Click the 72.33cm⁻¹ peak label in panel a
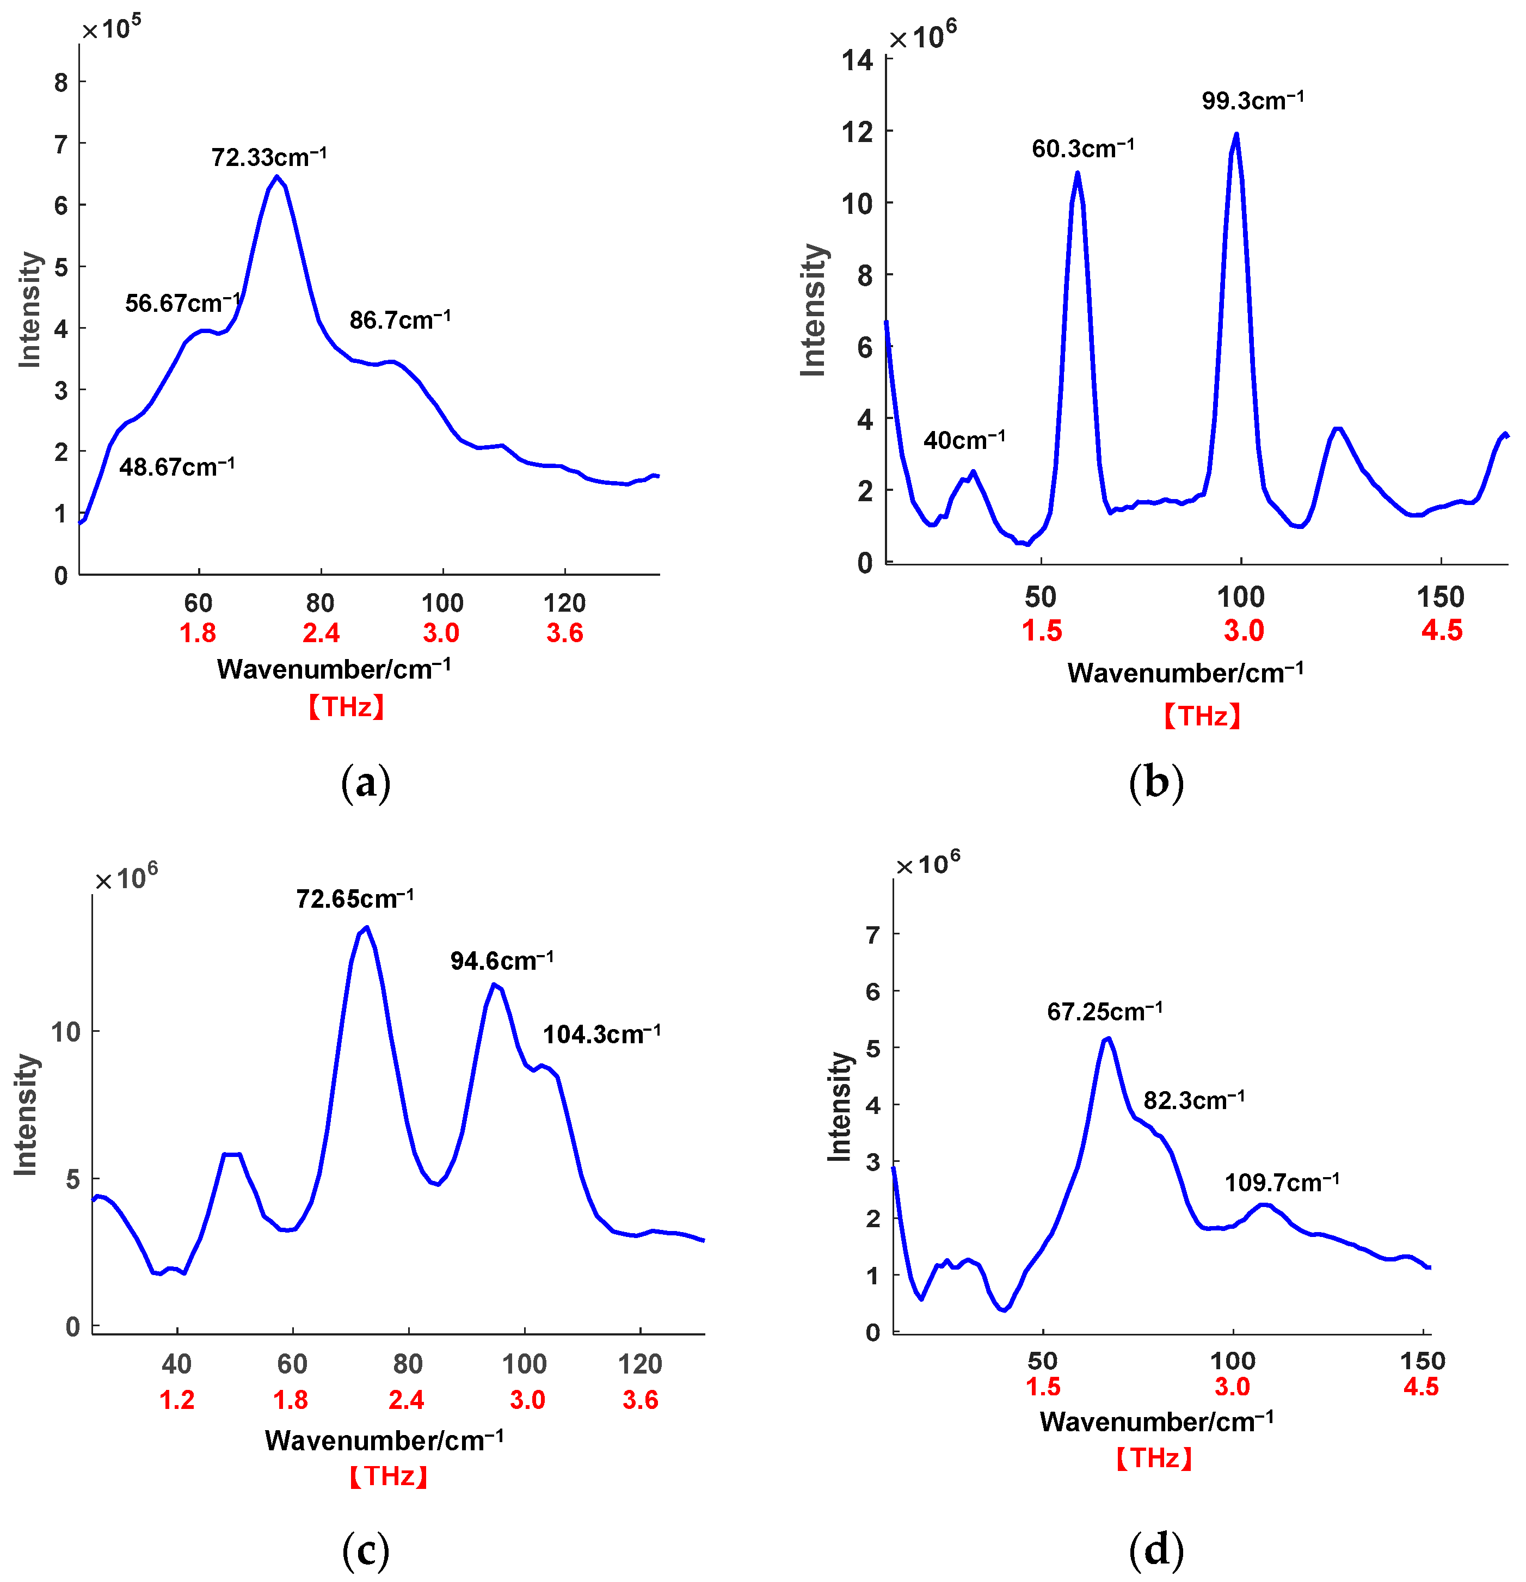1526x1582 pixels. [269, 157]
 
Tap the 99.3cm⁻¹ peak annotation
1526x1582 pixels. [1252, 101]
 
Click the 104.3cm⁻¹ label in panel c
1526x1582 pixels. [601, 1034]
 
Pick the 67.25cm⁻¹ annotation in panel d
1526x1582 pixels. [1104, 1011]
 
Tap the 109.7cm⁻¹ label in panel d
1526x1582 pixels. [1282, 1183]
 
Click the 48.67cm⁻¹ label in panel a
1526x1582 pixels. [177, 466]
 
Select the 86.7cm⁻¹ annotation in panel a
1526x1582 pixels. [399, 321]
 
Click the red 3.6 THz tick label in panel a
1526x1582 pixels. [564, 633]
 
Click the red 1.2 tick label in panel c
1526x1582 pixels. [177, 1400]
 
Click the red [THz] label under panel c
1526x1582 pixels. [388, 1476]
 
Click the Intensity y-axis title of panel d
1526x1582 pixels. [839, 1106]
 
